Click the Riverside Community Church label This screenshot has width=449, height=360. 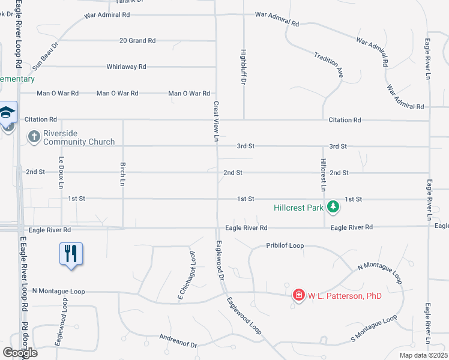pos(79,137)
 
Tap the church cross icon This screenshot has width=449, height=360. pos(34,137)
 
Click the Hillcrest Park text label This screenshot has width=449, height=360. pos(299,208)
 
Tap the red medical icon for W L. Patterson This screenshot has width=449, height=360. pos(298,295)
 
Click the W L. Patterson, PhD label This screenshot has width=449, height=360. pos(345,295)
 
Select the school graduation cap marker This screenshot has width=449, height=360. pos(7,113)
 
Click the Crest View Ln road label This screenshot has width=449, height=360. pos(216,121)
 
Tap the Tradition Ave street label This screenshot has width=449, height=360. pos(328,64)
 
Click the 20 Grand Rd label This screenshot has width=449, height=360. pos(137,41)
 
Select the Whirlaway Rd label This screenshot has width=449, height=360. pos(127,67)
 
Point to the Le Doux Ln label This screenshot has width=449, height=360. pos(61,173)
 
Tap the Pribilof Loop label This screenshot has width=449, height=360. pos(285,246)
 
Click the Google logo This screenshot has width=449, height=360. pos(20,353)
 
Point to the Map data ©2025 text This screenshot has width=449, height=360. pos(423,355)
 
